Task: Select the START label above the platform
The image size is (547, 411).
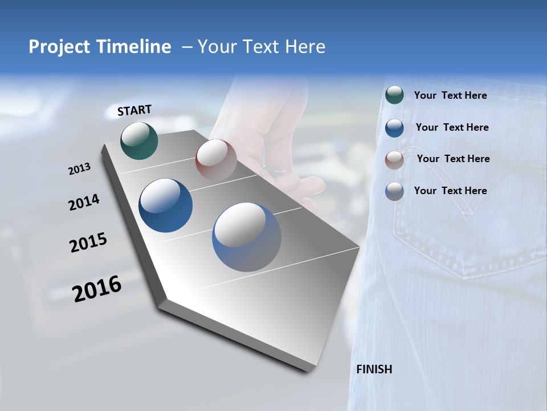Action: [x=134, y=110]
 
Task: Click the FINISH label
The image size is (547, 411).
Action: [x=374, y=369]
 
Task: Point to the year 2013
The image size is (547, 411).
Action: [x=80, y=169]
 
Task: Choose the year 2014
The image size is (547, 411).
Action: [x=84, y=202]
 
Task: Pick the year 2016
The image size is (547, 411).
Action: [x=97, y=289]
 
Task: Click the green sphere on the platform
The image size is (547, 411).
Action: [x=139, y=140]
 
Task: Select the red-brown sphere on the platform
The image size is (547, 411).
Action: [x=216, y=159]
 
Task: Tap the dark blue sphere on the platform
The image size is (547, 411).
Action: [x=166, y=205]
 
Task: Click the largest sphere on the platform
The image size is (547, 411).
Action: [x=247, y=237]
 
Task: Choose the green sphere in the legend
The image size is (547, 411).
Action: [x=394, y=95]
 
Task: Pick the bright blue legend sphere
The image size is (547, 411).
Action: [x=394, y=128]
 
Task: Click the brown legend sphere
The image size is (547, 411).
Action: [x=394, y=159]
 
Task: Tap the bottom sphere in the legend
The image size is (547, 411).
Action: [x=394, y=191]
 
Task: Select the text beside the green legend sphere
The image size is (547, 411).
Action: [x=450, y=95]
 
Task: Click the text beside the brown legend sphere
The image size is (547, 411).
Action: [x=453, y=159]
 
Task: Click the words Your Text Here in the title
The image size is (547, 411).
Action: [x=262, y=47]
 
